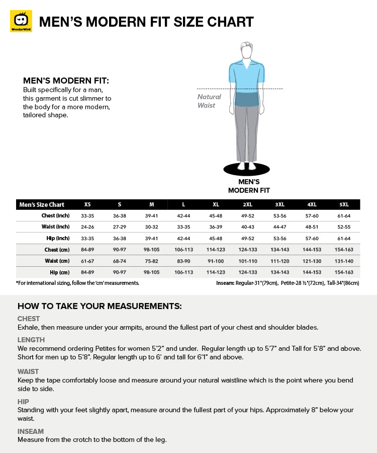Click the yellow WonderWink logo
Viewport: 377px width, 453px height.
point(21,21)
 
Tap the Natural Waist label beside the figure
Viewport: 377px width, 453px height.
point(209,101)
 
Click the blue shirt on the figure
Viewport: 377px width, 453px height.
point(246,75)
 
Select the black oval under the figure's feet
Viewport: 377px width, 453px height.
point(246,168)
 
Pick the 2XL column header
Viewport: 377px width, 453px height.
point(247,205)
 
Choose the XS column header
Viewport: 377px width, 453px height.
point(87,205)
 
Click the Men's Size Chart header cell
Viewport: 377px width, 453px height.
point(42,205)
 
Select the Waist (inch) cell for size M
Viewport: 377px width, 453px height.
point(151,227)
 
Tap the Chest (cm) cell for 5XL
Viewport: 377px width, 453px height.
point(344,250)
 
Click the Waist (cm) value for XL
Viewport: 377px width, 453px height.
point(216,261)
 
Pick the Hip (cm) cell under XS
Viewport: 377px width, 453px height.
point(87,272)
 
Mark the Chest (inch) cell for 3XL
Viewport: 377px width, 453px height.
point(279,216)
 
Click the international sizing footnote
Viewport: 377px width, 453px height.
point(77,283)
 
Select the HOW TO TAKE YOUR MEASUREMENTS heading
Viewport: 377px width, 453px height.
point(100,306)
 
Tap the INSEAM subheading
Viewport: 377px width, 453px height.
point(31,431)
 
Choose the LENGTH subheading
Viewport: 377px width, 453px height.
point(31,340)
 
